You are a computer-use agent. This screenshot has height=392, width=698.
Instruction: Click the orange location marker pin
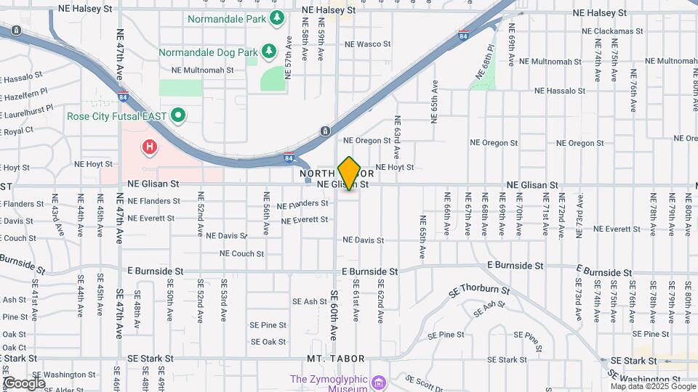[x=350, y=173]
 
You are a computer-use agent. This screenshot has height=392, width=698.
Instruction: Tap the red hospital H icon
[x=150, y=147]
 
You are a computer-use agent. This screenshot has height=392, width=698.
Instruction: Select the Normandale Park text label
[x=226, y=19]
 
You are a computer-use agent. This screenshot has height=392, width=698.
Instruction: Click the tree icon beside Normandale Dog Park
[x=269, y=51]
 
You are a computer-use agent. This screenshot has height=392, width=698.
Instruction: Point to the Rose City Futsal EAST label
[x=117, y=115]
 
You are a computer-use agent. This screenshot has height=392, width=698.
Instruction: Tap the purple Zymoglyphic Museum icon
[x=377, y=383]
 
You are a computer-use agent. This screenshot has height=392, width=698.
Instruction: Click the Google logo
[x=23, y=383]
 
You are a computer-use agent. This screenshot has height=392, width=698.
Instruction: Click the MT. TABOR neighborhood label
[x=335, y=359]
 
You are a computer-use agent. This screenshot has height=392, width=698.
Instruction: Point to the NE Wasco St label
[x=367, y=44]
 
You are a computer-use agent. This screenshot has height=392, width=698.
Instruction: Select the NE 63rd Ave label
[x=397, y=136]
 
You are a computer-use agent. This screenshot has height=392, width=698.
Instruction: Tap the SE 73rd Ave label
[x=579, y=299]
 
